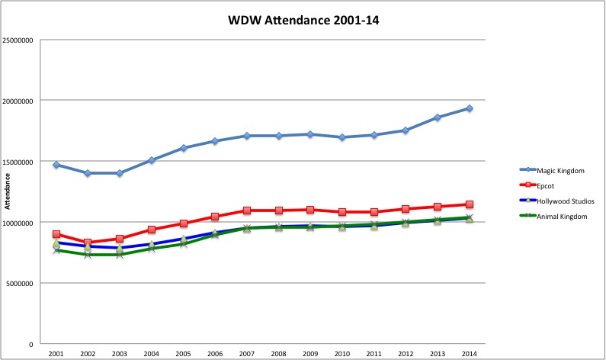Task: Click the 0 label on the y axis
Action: (x=30, y=345)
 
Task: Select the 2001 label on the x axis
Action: (x=56, y=355)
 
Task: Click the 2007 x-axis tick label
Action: (x=247, y=355)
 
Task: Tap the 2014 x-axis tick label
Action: (x=470, y=355)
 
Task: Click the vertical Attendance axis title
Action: (x=8, y=191)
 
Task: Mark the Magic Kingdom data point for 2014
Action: (x=470, y=108)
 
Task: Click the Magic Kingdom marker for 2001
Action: (x=56, y=165)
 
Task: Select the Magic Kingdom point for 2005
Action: (x=184, y=148)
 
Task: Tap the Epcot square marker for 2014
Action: (x=470, y=204)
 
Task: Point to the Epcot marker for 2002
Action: (x=88, y=243)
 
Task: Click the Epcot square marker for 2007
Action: (x=247, y=211)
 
